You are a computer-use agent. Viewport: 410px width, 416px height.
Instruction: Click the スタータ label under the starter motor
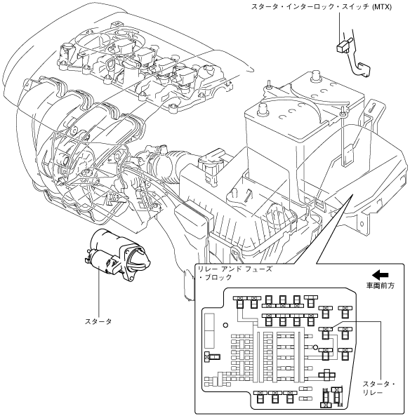[98, 321]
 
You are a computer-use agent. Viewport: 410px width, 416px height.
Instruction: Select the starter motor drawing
[117, 255]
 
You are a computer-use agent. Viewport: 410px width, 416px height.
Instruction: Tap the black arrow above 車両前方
[380, 275]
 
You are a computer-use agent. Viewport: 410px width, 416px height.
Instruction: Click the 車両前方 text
[381, 286]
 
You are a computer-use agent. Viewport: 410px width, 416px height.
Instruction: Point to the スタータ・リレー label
[378, 388]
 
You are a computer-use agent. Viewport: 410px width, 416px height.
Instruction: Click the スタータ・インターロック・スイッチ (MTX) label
[322, 7]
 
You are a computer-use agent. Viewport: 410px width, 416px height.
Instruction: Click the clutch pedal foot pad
[364, 69]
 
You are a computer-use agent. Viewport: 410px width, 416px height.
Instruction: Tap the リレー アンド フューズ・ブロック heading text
[234, 273]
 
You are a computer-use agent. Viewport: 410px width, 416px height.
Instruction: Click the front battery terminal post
[263, 109]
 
